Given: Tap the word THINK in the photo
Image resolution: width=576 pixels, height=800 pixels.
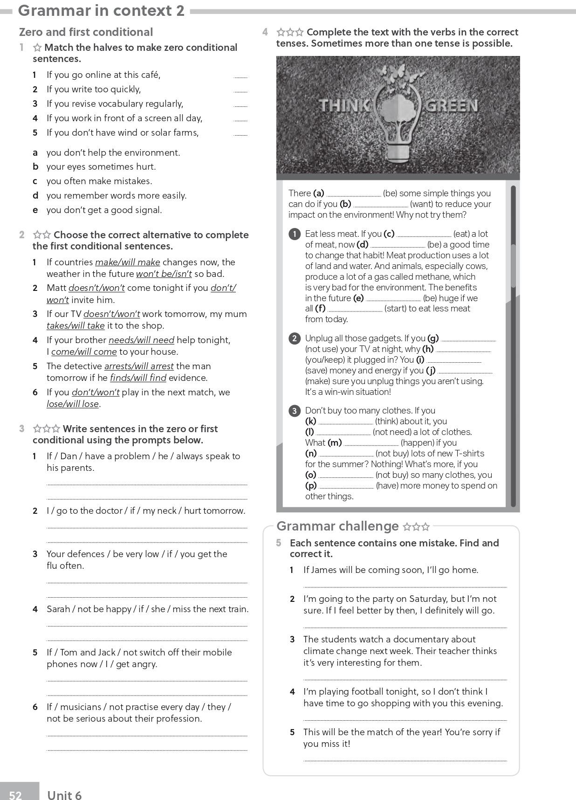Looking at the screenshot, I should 344,106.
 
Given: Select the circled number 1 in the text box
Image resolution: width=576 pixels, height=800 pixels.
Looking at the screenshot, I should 295,234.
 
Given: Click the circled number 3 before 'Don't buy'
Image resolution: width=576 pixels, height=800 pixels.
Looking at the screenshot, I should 295,411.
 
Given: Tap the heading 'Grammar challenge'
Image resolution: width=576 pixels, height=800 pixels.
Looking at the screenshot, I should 337,526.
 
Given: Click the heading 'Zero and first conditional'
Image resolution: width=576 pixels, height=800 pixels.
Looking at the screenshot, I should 86,32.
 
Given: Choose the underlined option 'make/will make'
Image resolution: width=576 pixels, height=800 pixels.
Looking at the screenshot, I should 128,262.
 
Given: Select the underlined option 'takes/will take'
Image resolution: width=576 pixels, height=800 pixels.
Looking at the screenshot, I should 75,326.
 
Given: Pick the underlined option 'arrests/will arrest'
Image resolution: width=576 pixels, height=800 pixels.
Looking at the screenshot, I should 139,366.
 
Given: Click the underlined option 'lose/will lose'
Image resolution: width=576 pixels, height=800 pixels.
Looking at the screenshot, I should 73,404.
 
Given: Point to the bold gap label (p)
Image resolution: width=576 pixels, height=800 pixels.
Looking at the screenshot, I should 311,486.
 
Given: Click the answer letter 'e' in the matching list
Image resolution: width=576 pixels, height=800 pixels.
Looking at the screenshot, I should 35,210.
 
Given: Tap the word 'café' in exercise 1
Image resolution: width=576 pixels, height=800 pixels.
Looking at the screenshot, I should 149,75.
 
